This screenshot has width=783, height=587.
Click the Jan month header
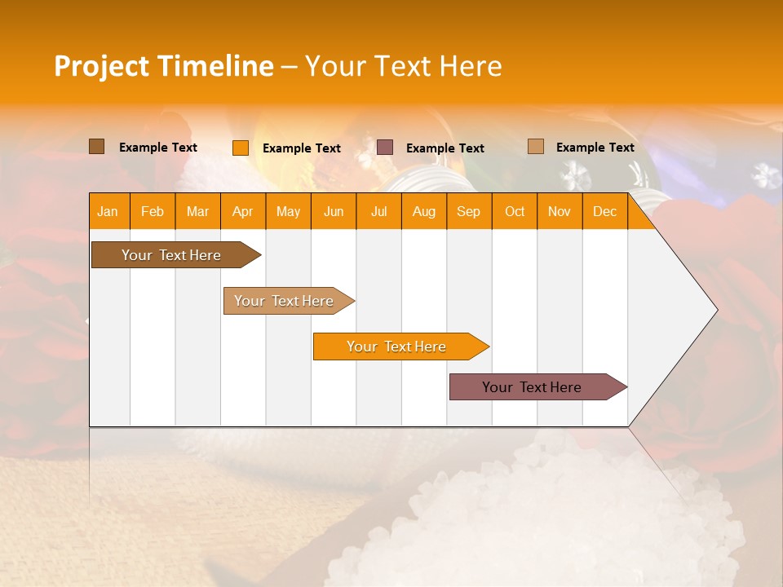tap(108, 211)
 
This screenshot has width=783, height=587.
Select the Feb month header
tap(153, 211)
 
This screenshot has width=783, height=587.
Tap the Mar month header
tap(197, 211)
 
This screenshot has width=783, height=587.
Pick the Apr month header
tap(243, 211)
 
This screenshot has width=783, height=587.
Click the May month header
tap(288, 211)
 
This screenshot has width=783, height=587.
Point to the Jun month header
tap(334, 211)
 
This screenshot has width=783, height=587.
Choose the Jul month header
tap(378, 211)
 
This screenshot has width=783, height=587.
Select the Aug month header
tap(424, 211)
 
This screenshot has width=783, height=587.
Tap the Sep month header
tap(469, 211)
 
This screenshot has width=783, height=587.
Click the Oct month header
tap(515, 211)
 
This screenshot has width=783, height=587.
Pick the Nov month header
tap(560, 211)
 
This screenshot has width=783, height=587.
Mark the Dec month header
tap(605, 211)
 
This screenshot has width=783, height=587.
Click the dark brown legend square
tap(97, 147)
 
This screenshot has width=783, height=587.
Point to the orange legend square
tap(241, 148)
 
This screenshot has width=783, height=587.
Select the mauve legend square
tap(385, 147)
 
